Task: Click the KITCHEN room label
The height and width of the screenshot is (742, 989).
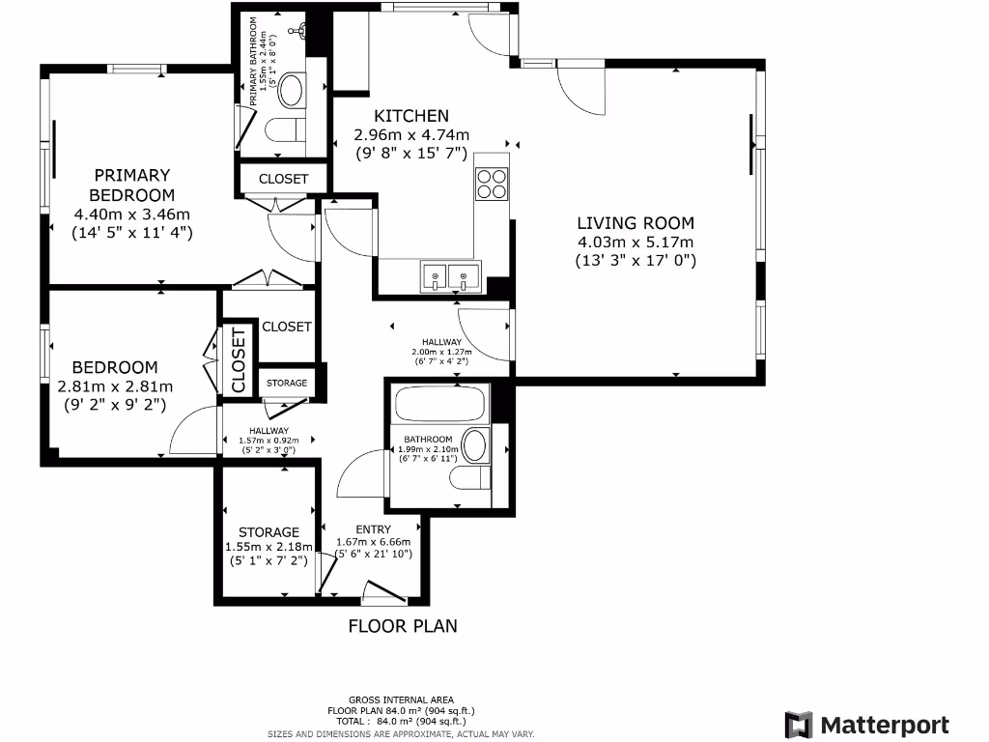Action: pos(411,115)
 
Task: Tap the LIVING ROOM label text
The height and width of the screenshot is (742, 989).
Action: pos(636,222)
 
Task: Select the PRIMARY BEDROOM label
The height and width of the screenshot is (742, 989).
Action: pos(131,185)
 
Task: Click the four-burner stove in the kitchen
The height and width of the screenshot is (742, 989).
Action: pos(492,184)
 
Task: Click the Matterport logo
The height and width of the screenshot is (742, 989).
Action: pos(866,725)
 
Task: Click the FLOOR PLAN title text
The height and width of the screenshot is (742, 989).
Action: pos(403,626)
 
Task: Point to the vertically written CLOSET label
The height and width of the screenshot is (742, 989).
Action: pos(239,358)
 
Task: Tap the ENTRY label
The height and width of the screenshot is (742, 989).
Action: pos(373,529)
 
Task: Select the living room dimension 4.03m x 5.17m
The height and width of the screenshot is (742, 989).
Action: pos(636,243)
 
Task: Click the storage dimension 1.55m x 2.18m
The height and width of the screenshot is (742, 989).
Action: pos(269,547)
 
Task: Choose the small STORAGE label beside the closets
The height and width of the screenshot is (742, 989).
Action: pos(287,383)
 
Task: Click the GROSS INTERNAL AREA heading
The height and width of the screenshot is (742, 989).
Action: pos(401,700)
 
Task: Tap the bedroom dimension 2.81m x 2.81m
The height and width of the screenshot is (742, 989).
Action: pos(116,386)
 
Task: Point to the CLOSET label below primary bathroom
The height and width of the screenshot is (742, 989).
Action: pos(283,179)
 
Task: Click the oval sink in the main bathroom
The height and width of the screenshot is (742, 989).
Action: pos(475,445)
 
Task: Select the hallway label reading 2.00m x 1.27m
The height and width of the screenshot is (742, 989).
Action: pos(440,352)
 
